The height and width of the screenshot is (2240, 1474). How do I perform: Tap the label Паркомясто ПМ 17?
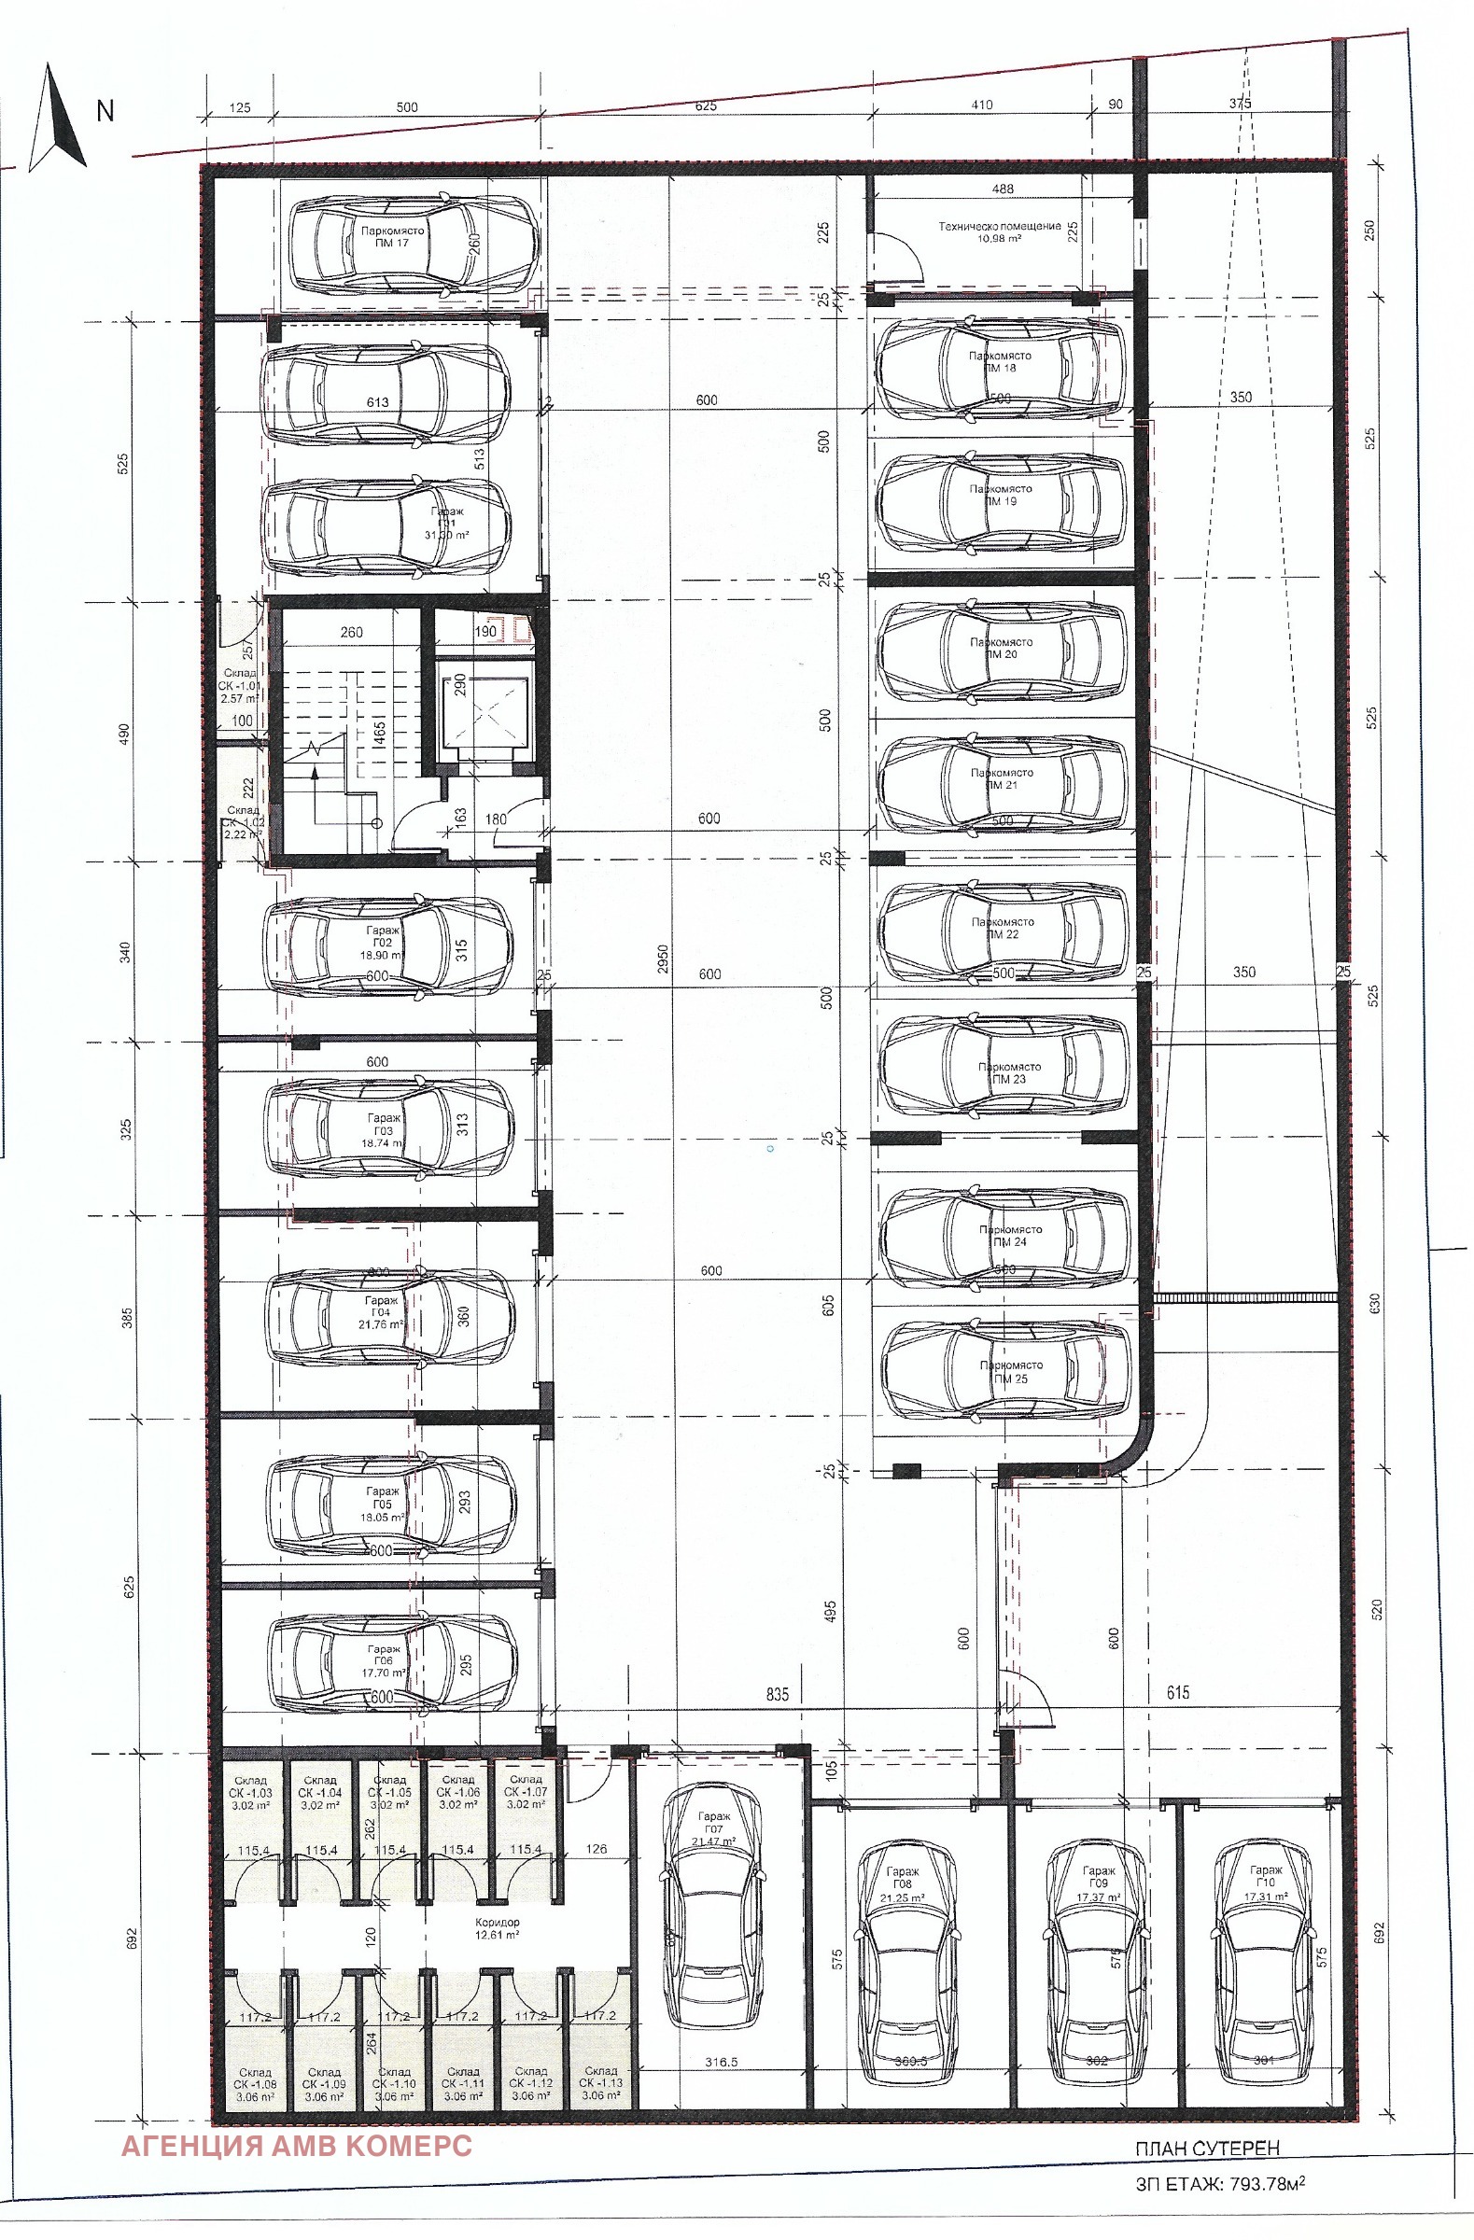[391, 237]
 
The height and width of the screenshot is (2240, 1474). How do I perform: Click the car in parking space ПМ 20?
[1003, 651]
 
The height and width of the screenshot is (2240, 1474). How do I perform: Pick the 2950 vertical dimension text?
[662, 959]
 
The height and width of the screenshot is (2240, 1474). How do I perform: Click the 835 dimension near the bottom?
[777, 1694]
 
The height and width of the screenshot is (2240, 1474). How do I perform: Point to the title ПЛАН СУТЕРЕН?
[1207, 2148]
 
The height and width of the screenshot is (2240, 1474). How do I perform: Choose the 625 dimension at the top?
[705, 106]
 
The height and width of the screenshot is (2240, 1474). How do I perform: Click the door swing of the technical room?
[902, 259]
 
